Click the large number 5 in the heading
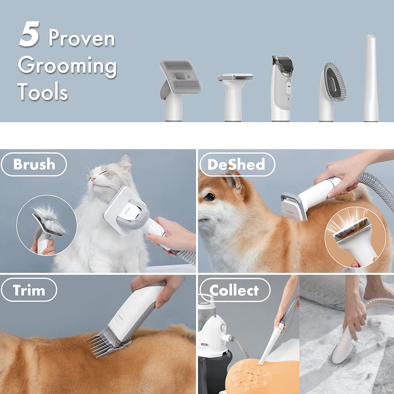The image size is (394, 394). (x=29, y=35)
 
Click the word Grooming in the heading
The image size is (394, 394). (x=67, y=65)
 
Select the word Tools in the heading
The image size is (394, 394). (x=43, y=91)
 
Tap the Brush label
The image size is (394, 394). (x=34, y=164)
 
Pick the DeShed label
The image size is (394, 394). (x=236, y=164)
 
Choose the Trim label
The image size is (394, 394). (x=29, y=290)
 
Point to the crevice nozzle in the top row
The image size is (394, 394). (x=371, y=79)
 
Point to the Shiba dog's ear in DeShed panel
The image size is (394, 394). (x=234, y=181)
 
